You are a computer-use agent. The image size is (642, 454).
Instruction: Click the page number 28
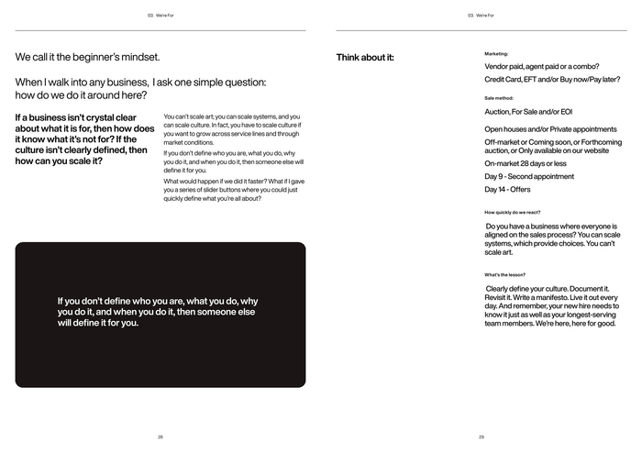pyautogui.click(x=160, y=437)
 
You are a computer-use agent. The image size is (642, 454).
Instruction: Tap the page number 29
pyautogui.click(x=481, y=437)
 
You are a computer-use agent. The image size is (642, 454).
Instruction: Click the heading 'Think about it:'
pyautogui.click(x=365, y=58)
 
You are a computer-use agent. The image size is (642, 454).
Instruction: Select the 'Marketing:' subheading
pyautogui.click(x=496, y=54)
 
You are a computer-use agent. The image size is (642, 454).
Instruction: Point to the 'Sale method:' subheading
pyautogui.click(x=499, y=98)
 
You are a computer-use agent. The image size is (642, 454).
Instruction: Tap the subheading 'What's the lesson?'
pyautogui.click(x=505, y=274)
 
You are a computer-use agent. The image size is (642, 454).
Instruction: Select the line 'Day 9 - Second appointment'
pyautogui.click(x=529, y=176)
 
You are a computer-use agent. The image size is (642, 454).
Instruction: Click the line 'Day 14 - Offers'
pyautogui.click(x=508, y=190)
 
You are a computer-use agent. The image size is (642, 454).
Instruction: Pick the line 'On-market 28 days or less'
pyautogui.click(x=526, y=163)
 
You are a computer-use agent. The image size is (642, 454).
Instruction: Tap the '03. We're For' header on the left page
pyautogui.click(x=160, y=16)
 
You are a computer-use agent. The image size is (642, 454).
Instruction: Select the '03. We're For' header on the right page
pyautogui.click(x=481, y=16)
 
